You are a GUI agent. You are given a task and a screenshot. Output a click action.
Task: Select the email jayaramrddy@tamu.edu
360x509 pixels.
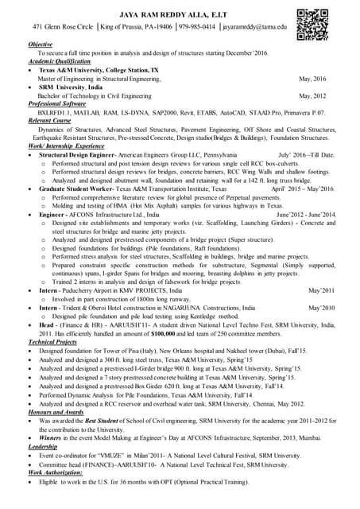click(254, 26)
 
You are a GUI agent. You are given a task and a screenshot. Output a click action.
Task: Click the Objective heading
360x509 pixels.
click(41, 44)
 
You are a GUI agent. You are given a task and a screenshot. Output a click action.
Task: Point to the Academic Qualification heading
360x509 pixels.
click(60, 61)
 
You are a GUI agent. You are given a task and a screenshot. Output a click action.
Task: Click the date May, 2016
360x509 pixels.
click(312, 79)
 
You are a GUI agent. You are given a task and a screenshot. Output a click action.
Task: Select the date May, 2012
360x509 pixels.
click(312, 95)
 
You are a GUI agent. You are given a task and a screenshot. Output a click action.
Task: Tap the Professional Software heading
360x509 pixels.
click(57, 104)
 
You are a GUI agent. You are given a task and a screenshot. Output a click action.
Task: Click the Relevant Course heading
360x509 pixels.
click(50, 121)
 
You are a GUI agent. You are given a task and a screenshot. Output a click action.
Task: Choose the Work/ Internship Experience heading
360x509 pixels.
click(66, 146)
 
